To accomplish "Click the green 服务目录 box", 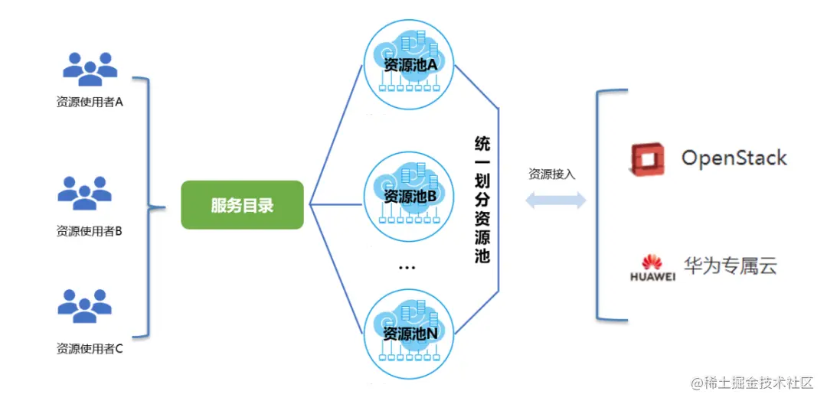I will pyautogui.click(x=242, y=205).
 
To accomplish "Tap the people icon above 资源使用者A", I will pyautogui.click(x=90, y=70).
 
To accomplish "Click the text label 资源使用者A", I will pyautogui.click(x=90, y=102).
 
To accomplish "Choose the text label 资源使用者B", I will pyautogui.click(x=90, y=231).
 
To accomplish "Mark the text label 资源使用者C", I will pyautogui.click(x=90, y=349).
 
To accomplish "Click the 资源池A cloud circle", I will pyautogui.click(x=410, y=66).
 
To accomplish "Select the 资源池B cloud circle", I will pyautogui.click(x=410, y=196).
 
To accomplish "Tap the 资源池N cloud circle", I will pyautogui.click(x=410, y=334).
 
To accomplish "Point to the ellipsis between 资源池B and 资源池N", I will pyautogui.click(x=407, y=268).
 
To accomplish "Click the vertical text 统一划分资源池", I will pyautogui.click(x=482, y=200).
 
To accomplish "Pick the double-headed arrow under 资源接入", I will pyautogui.click(x=555, y=200).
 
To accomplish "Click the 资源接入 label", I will pyautogui.click(x=551, y=174).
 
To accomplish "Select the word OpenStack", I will pyautogui.click(x=734, y=158).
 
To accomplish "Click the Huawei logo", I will pyautogui.click(x=652, y=268).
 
